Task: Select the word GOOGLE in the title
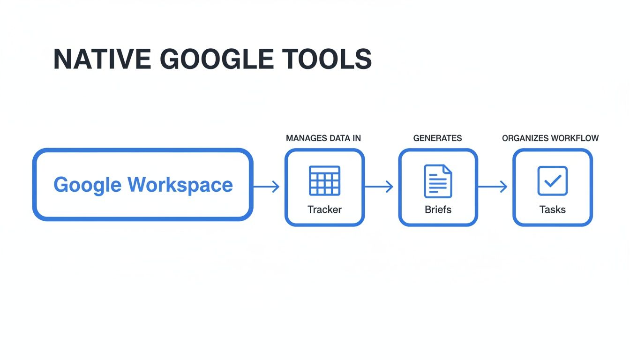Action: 216,59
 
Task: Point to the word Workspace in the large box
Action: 180,185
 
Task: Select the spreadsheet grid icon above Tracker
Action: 324,180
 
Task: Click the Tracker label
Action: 324,210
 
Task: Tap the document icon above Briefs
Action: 438,181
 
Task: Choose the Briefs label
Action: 438,210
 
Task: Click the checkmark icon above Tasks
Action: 552,180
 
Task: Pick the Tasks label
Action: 552,210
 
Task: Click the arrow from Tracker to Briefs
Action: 380,187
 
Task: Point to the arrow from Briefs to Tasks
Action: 493,187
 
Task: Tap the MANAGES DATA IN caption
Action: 323,138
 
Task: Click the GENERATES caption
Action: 437,138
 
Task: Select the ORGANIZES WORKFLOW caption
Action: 550,138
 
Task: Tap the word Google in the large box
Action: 88,185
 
